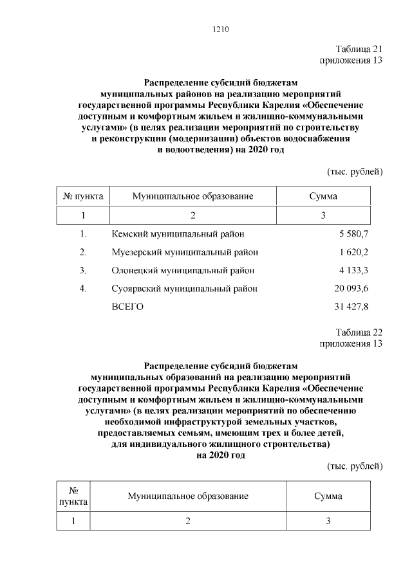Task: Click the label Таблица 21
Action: click(x=359, y=50)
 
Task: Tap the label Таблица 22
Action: click(x=359, y=332)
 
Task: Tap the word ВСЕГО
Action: click(x=127, y=307)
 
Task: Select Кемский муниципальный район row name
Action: click(x=178, y=233)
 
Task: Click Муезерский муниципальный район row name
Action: click(x=185, y=252)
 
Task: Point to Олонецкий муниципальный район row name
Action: click(x=183, y=270)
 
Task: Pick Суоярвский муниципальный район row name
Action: click(x=184, y=289)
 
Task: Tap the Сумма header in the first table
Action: click(x=323, y=196)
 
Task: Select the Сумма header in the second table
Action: click(x=328, y=496)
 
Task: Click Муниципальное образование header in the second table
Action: click(x=188, y=496)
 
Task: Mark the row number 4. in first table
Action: click(x=83, y=289)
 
